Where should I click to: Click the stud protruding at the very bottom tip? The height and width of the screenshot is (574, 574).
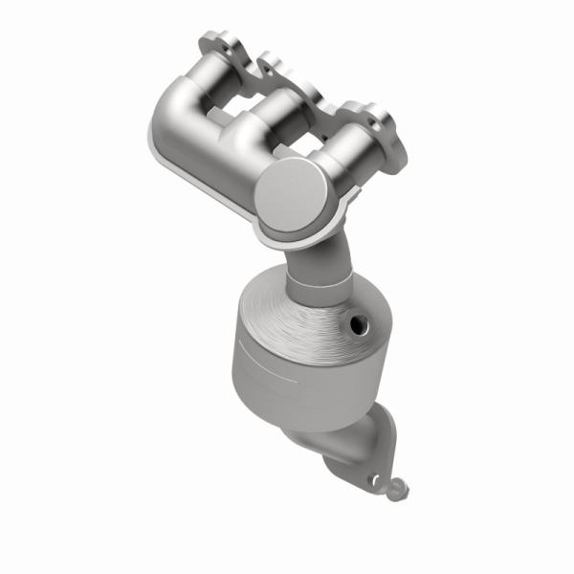[398, 489]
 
